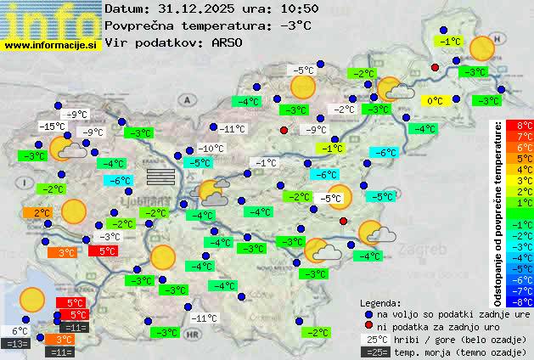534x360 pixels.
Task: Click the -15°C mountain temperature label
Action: [52, 127]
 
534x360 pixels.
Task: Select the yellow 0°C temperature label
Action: [435, 100]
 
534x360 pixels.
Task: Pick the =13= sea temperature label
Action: [16, 344]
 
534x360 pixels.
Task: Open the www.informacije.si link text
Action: [51, 43]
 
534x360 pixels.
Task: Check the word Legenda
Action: [381, 302]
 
